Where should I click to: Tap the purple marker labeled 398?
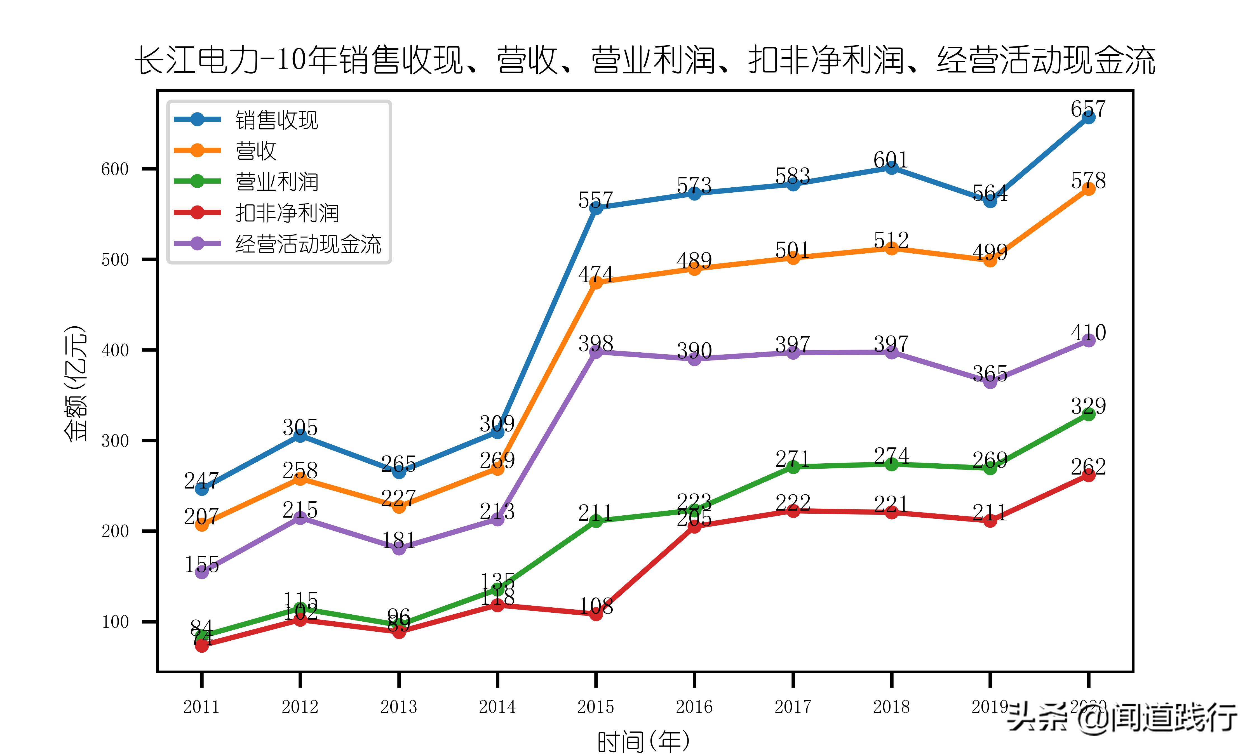[596, 351]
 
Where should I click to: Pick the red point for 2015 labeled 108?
[596, 614]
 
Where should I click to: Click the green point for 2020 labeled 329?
[1088, 414]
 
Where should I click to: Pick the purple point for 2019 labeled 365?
[990, 382]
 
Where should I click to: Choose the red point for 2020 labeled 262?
[1088, 475]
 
